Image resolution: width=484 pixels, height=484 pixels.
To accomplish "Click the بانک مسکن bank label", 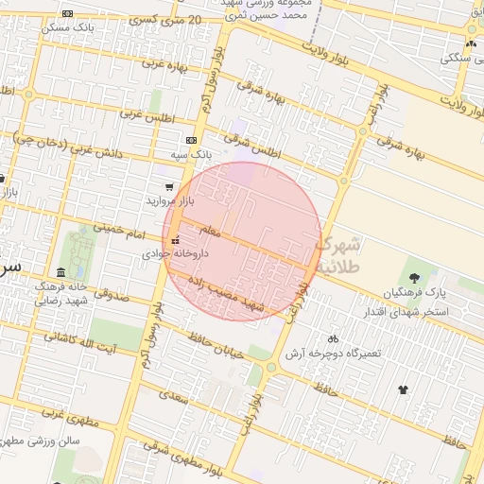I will pos(67,27).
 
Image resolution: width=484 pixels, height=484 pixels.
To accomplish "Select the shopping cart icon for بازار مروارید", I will pos(169,187).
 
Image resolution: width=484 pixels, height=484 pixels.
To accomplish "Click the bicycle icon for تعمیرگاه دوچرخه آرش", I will pos(332,338).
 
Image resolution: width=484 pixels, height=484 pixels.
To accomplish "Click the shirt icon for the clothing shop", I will pos(404,389).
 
